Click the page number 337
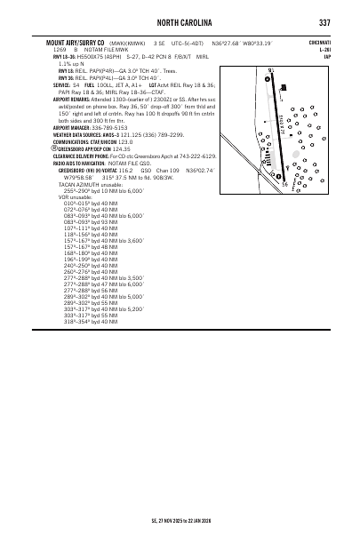point(324,22)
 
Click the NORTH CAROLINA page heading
point(180,22)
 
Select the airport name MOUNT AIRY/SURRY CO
point(63,43)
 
